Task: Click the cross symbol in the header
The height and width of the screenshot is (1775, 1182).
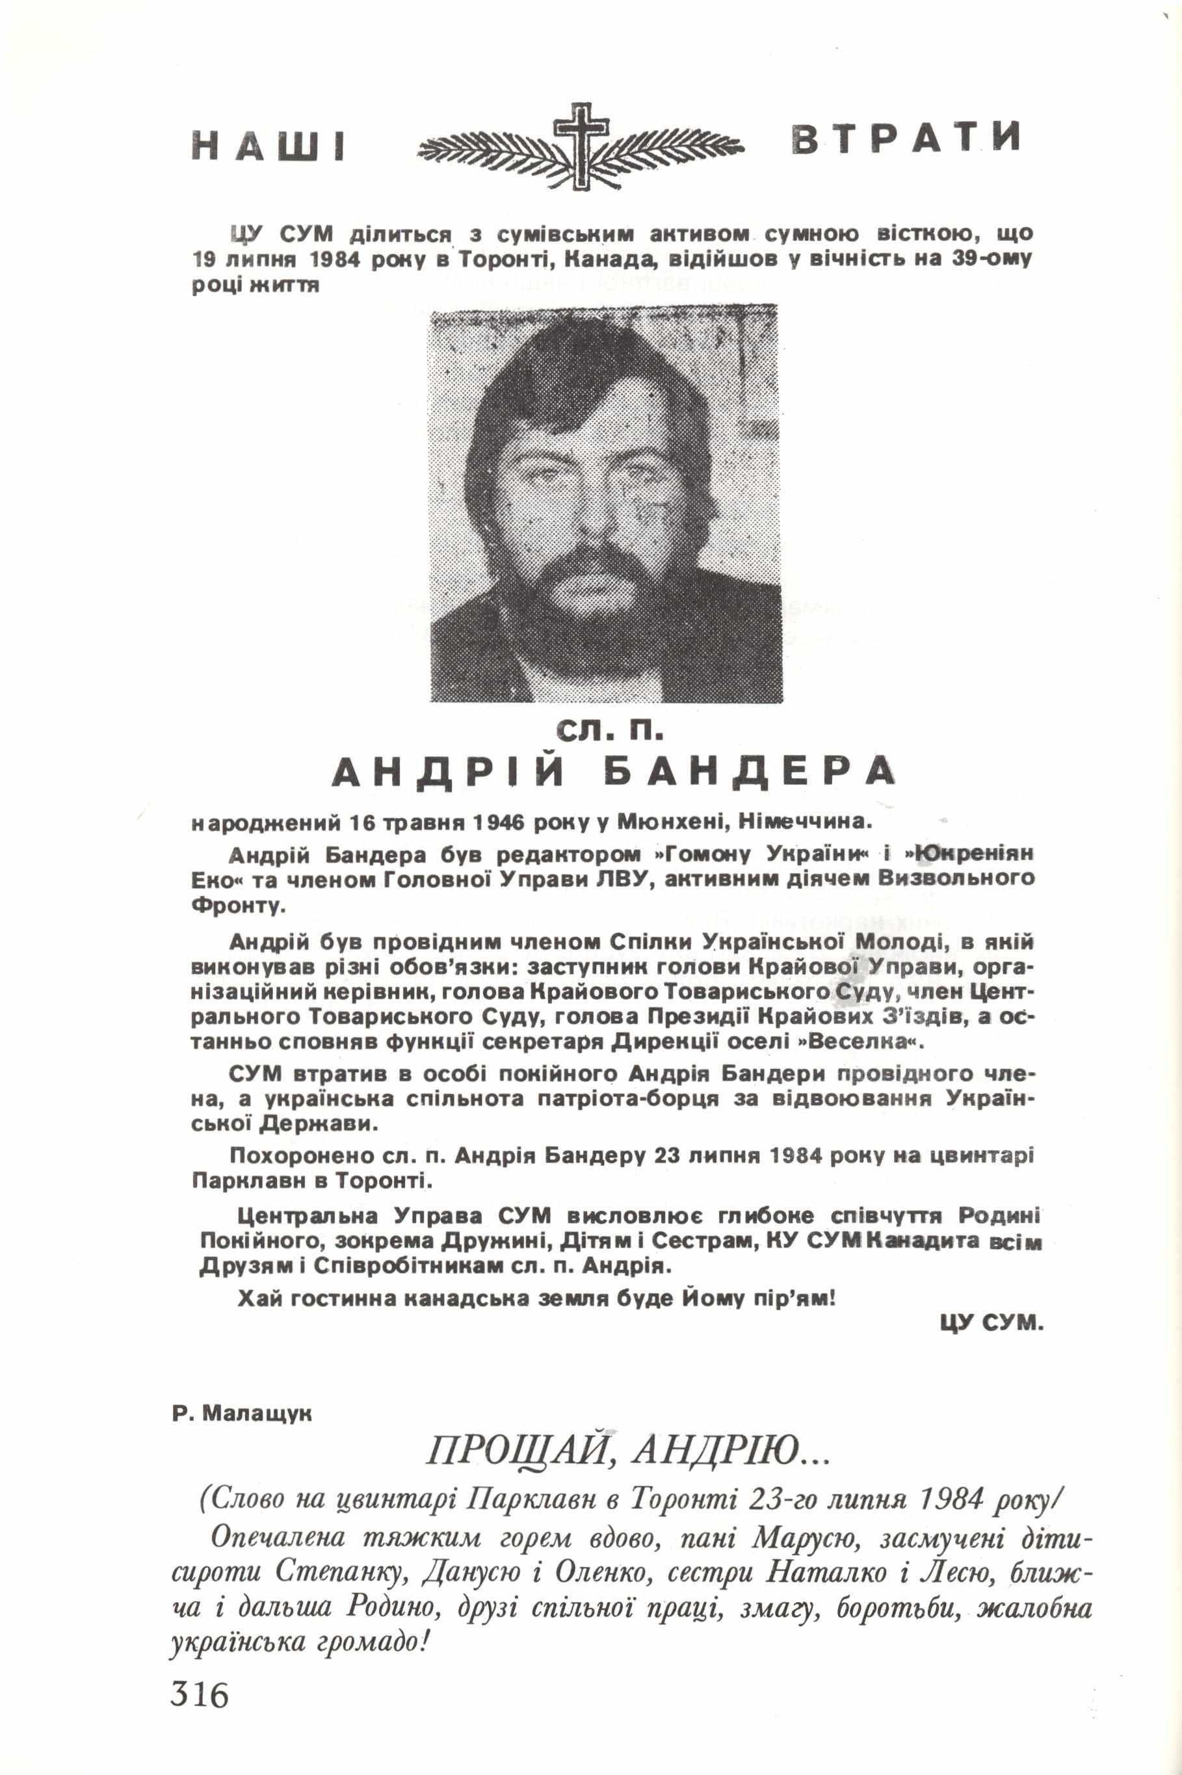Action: (581, 145)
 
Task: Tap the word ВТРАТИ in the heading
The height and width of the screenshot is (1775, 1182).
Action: (907, 138)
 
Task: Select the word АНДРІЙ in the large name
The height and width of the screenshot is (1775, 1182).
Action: (449, 772)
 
